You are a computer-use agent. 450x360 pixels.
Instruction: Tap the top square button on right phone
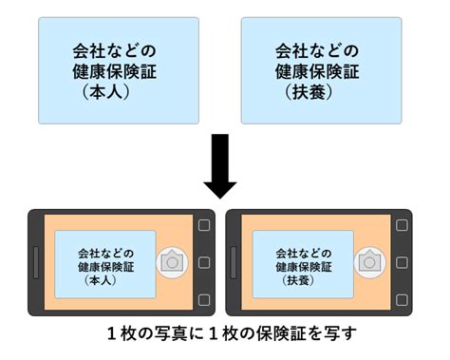pos(400,226)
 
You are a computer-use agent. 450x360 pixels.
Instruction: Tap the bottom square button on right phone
pos(400,299)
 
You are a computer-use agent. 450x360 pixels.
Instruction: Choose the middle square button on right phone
pos(400,263)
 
